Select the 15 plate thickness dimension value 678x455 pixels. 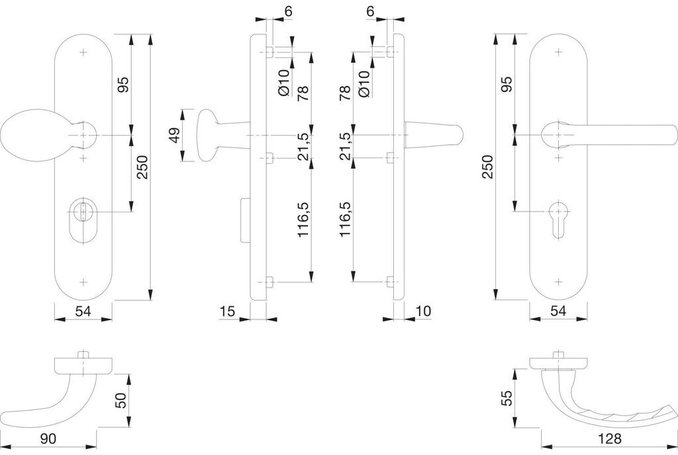coord(228,311)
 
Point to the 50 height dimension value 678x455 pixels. coord(121,400)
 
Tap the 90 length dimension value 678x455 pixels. coord(48,438)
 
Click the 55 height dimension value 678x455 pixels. coord(507,397)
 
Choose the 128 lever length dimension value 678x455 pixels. coord(609,438)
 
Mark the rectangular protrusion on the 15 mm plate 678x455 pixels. coord(245,221)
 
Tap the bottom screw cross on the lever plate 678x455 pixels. coord(559,282)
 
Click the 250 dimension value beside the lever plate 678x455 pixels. coord(487,167)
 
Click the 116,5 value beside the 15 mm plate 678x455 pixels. coord(303,219)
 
